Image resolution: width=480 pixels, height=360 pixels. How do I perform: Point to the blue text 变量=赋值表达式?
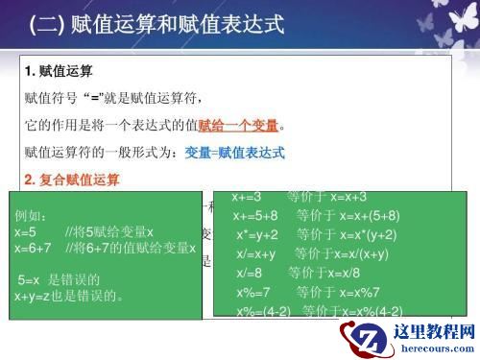point(235,152)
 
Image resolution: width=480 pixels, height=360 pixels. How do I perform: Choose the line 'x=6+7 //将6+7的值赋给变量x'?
point(106,248)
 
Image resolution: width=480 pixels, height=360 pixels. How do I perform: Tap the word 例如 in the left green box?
point(36,216)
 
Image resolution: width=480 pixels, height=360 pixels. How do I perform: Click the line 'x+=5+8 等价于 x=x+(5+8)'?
point(317,215)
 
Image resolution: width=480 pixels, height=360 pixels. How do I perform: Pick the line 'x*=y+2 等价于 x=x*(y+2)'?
point(317,234)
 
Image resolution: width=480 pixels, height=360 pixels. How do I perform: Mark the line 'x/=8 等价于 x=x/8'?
point(302,273)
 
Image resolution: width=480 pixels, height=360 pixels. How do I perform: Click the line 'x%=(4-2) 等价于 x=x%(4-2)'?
point(317,310)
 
